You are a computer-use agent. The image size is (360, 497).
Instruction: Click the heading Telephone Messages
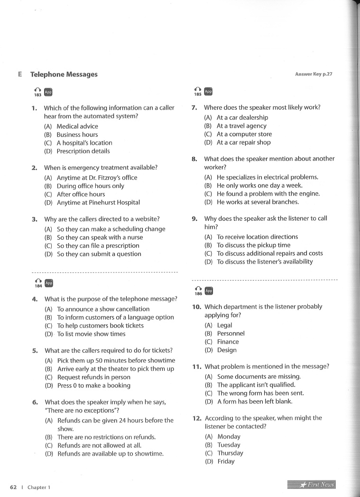(64, 75)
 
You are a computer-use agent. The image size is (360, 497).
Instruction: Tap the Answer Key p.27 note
(314, 74)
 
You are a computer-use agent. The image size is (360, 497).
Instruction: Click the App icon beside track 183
(48, 92)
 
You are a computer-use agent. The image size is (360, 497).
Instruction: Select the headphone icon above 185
(197, 89)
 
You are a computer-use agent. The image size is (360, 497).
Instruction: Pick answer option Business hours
(77, 134)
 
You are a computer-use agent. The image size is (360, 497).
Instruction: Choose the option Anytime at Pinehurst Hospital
(98, 202)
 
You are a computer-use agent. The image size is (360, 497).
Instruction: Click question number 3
(35, 219)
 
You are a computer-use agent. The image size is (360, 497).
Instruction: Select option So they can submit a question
(99, 254)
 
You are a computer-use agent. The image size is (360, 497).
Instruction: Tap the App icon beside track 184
(48, 283)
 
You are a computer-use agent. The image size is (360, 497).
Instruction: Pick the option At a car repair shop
(243, 142)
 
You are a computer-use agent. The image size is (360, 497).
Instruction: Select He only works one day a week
(259, 186)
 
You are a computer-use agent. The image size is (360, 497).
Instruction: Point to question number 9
(194, 219)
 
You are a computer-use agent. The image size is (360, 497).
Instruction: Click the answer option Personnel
(231, 333)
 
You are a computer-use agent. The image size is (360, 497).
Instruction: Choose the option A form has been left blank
(255, 401)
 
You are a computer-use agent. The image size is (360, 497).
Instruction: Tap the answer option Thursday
(230, 453)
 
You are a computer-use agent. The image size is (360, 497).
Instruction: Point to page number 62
(13, 487)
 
